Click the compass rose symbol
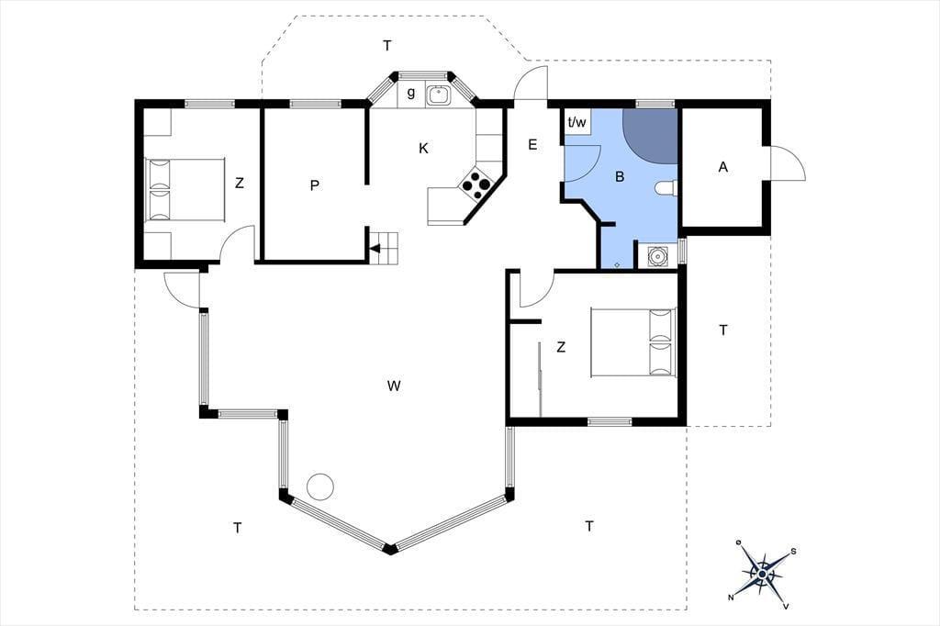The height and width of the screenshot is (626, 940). click(x=762, y=574)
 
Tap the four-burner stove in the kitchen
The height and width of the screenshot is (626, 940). click(x=476, y=184)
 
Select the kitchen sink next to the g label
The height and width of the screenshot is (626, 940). click(x=439, y=95)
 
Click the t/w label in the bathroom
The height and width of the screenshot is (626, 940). click(x=576, y=122)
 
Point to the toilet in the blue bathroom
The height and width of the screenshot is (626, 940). click(x=666, y=188)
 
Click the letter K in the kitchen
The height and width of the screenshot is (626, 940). click(x=424, y=148)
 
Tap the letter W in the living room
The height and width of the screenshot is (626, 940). click(x=393, y=386)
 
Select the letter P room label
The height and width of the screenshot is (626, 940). click(x=315, y=186)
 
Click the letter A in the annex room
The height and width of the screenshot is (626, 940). click(x=723, y=167)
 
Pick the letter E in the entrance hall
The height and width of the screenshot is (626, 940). click(x=532, y=144)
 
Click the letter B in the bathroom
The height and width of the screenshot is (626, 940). click(x=620, y=177)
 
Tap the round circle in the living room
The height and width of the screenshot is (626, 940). click(x=319, y=486)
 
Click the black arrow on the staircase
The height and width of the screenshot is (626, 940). click(x=375, y=248)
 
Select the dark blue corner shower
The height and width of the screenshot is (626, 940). click(x=650, y=135)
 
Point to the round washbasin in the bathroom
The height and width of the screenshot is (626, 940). click(x=657, y=257)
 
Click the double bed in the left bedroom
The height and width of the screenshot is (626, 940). click(x=185, y=189)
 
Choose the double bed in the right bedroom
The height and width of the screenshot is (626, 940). click(x=633, y=343)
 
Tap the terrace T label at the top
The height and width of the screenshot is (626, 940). click(x=387, y=46)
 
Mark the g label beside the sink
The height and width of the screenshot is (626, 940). click(x=411, y=93)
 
